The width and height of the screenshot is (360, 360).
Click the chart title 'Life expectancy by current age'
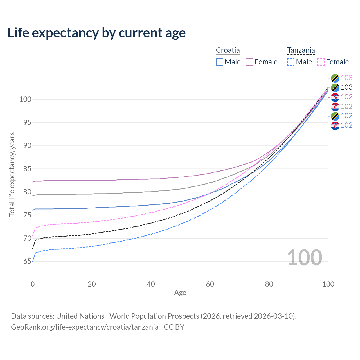click(x=96, y=33)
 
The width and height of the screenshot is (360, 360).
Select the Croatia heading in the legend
click(x=228, y=50)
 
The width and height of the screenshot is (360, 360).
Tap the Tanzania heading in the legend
click(x=301, y=50)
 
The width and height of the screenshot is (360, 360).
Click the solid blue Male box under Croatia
click(x=220, y=62)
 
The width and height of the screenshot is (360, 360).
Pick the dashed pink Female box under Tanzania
click(x=321, y=62)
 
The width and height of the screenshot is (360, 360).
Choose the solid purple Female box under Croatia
click(x=249, y=62)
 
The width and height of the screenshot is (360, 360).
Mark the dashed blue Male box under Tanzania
click(x=291, y=62)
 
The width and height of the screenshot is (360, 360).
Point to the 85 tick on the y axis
click(x=25, y=169)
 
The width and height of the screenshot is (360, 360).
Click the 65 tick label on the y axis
click(x=25, y=262)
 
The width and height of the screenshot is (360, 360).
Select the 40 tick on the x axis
click(x=151, y=284)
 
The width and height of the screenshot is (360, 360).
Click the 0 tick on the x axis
click(x=33, y=284)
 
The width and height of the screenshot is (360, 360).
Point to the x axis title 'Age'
click(x=180, y=293)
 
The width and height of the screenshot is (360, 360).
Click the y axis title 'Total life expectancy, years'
click(x=12, y=174)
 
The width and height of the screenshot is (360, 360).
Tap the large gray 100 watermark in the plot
click(x=305, y=257)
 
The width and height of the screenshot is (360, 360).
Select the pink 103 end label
click(x=346, y=78)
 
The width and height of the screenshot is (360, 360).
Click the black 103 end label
click(x=346, y=87)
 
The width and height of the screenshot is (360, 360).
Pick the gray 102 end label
click(x=346, y=106)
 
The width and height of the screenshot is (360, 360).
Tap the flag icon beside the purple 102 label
click(x=335, y=97)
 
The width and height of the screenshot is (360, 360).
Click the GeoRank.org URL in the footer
click(x=85, y=327)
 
